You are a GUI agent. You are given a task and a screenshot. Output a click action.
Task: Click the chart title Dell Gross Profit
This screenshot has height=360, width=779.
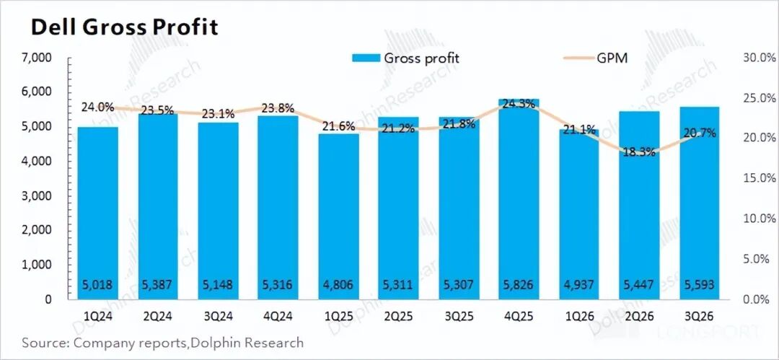coord(123,27)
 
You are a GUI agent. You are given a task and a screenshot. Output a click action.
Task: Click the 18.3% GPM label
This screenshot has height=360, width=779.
coord(637,152)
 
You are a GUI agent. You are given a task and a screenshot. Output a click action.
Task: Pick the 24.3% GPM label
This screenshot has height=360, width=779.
coord(518,103)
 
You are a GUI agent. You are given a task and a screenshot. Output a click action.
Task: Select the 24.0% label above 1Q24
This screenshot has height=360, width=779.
coord(97,107)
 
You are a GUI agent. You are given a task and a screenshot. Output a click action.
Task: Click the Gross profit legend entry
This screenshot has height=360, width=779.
coord(405,58)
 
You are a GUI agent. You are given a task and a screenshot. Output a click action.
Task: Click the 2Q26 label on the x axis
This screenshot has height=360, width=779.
coord(638,317)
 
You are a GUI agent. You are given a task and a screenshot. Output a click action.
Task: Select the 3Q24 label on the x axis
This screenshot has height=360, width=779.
coord(219,317)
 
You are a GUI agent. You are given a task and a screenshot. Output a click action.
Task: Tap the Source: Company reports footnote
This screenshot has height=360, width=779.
coord(162,342)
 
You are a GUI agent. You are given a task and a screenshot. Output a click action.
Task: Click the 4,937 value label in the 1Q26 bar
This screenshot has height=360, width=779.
coord(577,285)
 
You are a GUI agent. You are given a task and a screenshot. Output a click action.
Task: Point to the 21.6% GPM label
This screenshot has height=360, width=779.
coord(338,126)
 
